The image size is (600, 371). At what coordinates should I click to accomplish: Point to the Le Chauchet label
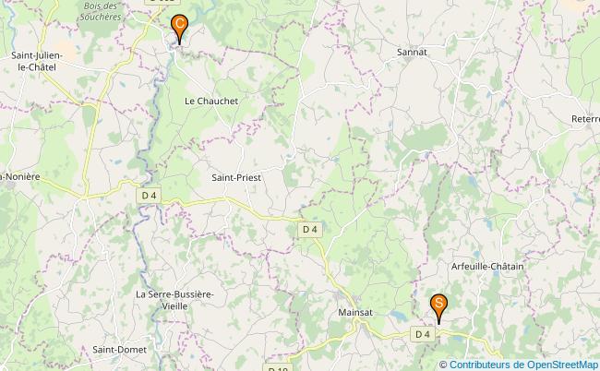point(211,101)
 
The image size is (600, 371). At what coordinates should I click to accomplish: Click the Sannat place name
point(412,53)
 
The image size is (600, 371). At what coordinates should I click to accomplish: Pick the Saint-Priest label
point(237,177)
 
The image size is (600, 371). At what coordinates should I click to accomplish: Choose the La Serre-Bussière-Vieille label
point(174,299)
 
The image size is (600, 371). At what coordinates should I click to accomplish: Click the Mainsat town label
point(355,313)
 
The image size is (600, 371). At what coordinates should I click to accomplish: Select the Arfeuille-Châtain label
point(487,267)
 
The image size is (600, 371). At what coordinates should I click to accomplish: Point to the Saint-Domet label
point(116,350)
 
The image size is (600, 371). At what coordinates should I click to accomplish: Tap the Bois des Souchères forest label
point(102,11)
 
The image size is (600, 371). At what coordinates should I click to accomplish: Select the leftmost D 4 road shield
point(150,196)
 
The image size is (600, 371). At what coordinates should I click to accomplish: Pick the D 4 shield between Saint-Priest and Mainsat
point(309,229)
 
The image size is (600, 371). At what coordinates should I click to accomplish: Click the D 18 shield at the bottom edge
point(278,368)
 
